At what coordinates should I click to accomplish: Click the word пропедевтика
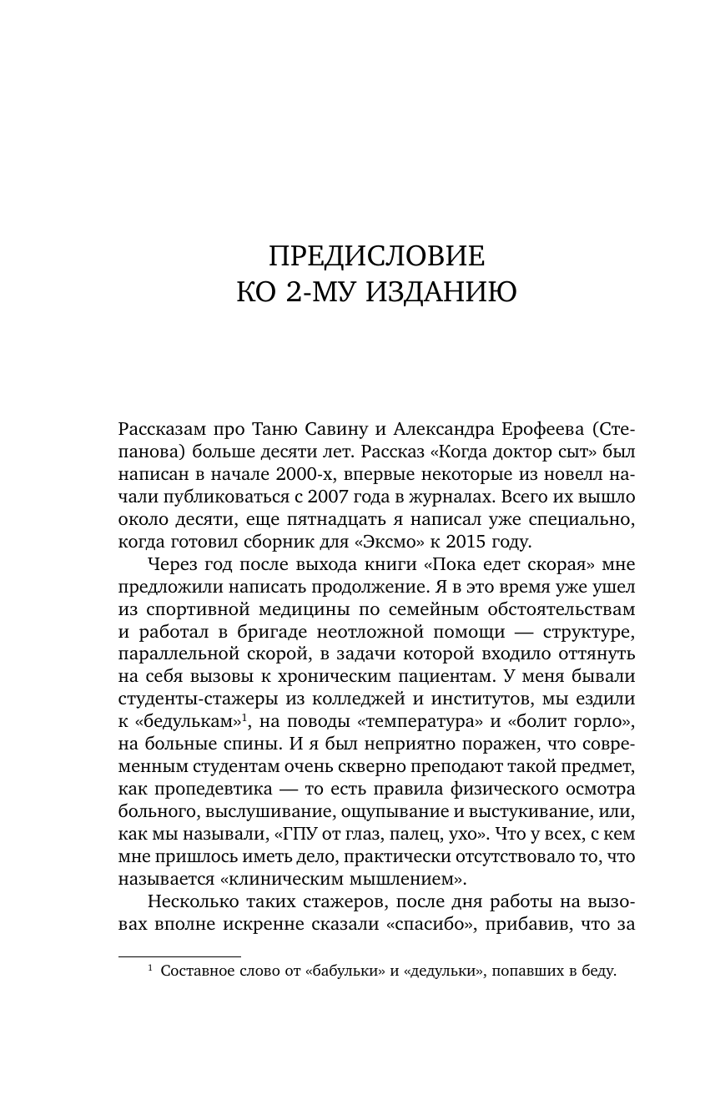coord(212,789)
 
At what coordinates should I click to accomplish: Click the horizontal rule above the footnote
coord(179,956)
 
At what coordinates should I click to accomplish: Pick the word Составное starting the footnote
coord(195,971)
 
